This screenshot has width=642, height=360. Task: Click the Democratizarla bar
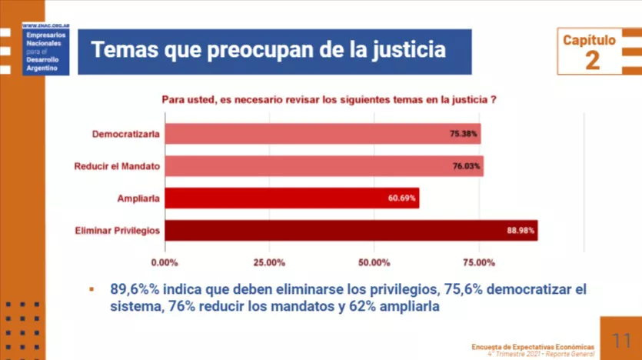pos(323,134)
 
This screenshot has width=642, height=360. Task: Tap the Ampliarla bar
pos(292,198)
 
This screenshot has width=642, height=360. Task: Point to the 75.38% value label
pos(464,134)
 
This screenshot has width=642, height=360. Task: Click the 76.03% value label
pos(467,166)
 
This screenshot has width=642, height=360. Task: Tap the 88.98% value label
pos(521,231)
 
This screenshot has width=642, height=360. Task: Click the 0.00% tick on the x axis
pos(165,263)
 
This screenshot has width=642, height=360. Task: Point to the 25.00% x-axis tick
pos(270,263)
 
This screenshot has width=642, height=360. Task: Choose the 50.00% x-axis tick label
pos(374,263)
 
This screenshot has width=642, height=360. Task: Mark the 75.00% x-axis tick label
pos(479,263)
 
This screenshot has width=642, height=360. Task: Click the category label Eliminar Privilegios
pos(117,231)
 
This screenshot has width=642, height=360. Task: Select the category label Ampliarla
pos(138,198)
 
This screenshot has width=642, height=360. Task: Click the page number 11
pos(621,339)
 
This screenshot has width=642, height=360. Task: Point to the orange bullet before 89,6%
pos(91,290)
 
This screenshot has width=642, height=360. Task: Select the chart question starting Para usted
pos(328,99)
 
